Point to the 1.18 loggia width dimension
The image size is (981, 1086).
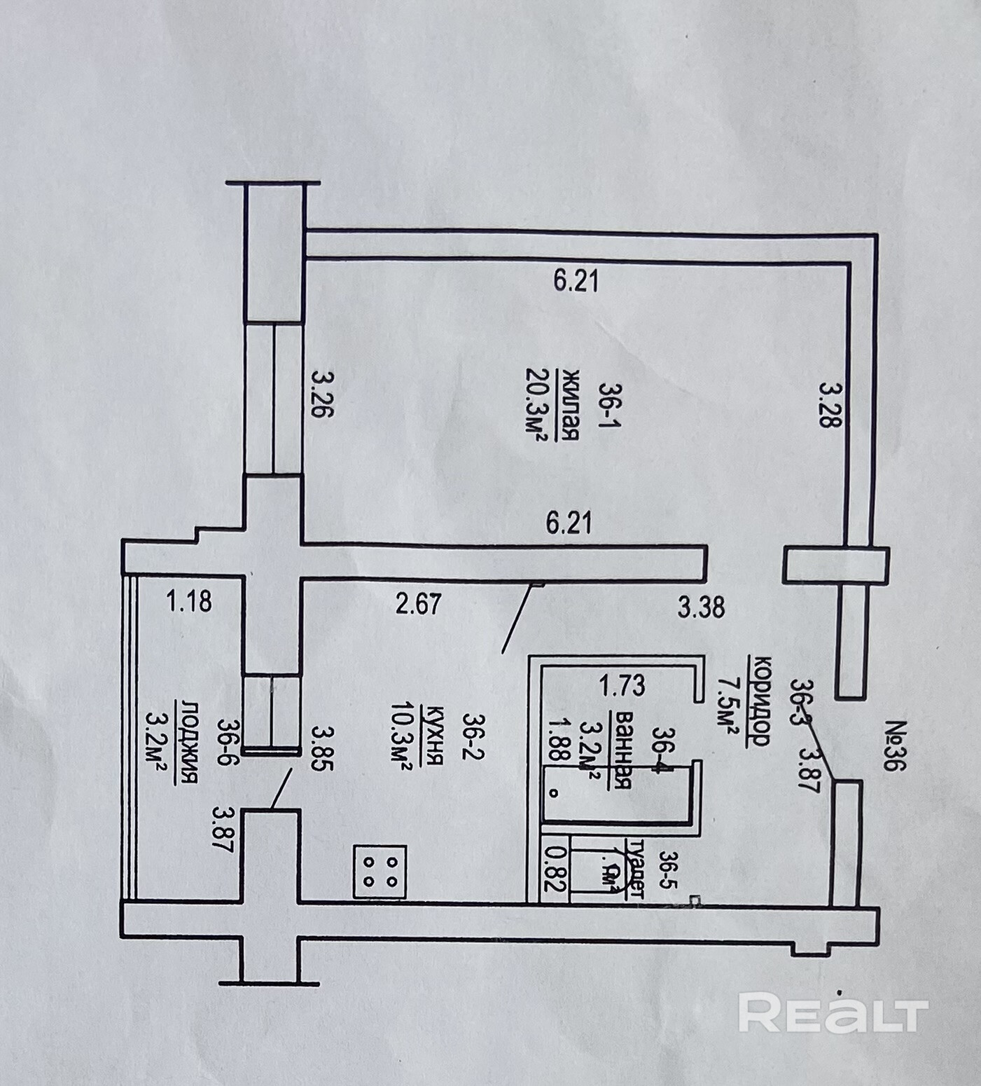click(189, 601)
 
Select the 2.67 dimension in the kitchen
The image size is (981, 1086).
click(418, 603)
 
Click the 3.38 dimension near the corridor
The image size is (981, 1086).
click(701, 607)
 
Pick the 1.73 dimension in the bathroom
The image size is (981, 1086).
click(622, 685)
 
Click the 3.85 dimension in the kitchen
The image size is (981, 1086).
click(322, 748)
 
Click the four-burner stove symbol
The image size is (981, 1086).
click(380, 872)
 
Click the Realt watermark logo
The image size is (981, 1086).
click(833, 1013)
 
